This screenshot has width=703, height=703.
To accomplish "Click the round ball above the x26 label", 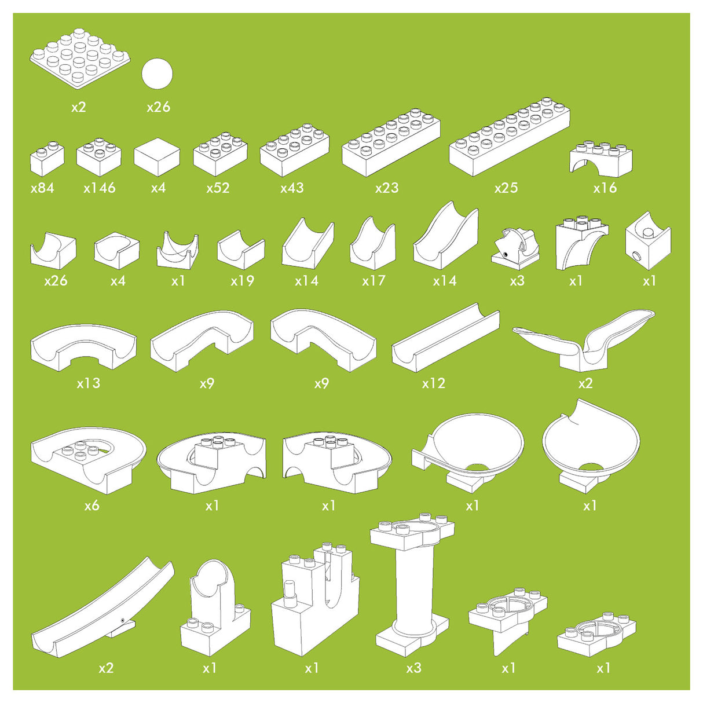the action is (x=157, y=73).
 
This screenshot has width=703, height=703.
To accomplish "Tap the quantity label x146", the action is (x=99, y=188).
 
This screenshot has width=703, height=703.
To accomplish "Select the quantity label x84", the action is (x=42, y=188).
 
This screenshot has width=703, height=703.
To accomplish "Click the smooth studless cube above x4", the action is (x=157, y=157).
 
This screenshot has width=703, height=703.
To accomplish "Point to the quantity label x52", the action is (x=218, y=188).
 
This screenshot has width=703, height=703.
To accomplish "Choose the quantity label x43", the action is (x=292, y=188).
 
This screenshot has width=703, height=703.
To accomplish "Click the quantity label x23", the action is (x=387, y=188).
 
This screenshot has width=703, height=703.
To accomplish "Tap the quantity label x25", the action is (x=506, y=188).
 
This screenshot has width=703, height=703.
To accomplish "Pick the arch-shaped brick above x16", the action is (x=601, y=158).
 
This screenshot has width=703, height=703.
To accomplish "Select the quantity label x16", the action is (x=605, y=188).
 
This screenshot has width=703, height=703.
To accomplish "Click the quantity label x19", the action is (x=242, y=281).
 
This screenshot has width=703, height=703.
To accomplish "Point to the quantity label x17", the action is (x=374, y=281).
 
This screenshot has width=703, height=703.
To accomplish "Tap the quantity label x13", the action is (x=88, y=383).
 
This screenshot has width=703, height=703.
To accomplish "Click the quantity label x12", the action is (x=433, y=383).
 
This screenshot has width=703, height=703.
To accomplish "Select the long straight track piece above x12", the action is (x=446, y=337).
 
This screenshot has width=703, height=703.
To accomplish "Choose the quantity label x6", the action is (x=91, y=506).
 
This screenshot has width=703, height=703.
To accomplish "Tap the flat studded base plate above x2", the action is (x=80, y=58).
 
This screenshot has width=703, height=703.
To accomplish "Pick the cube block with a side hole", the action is (x=647, y=241).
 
